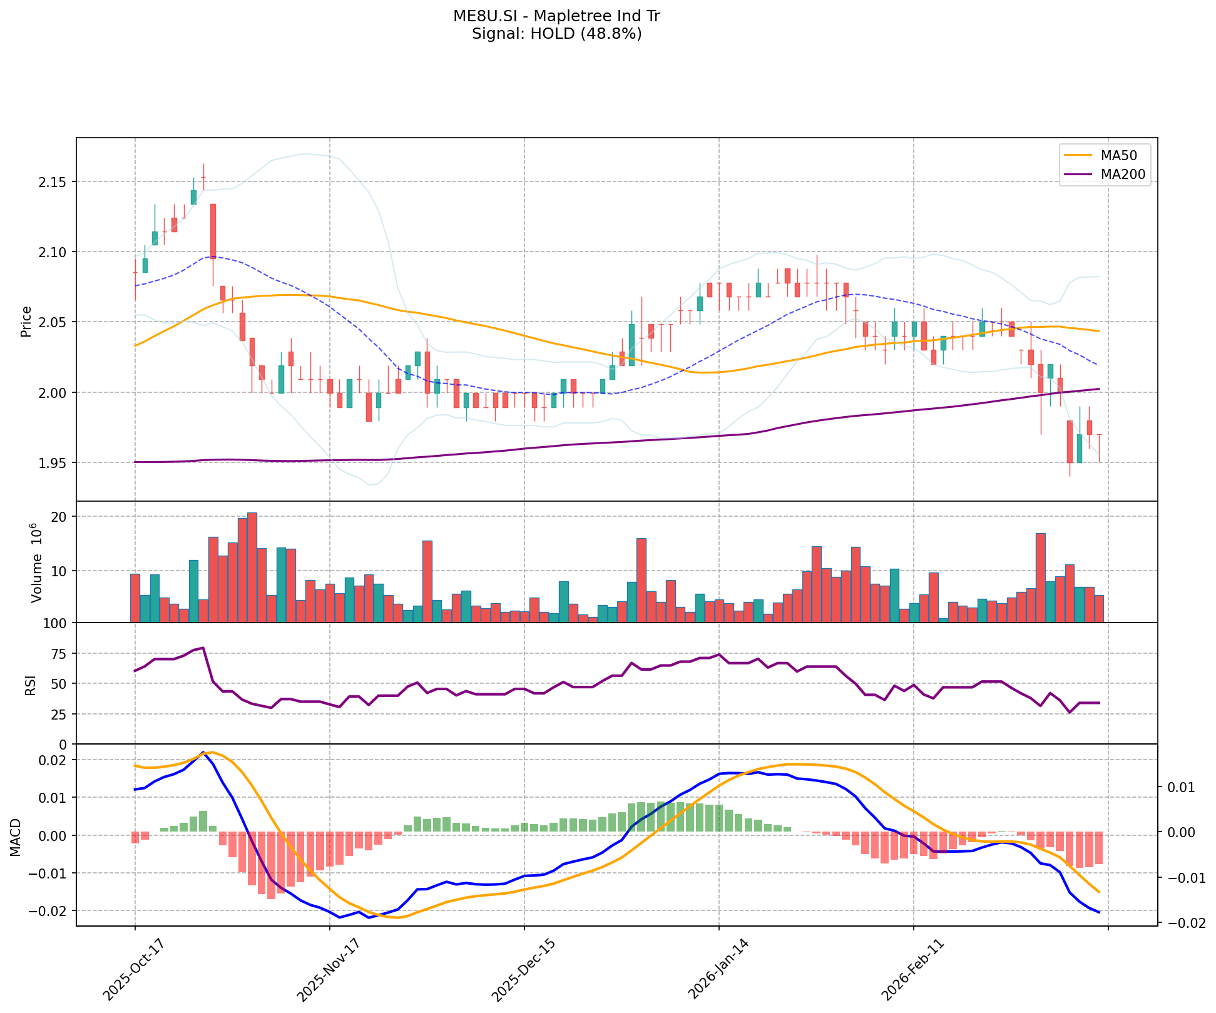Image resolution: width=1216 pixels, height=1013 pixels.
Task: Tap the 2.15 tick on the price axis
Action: pyautogui.click(x=58, y=182)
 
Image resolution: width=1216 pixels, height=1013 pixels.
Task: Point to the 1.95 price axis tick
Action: pyautogui.click(x=58, y=463)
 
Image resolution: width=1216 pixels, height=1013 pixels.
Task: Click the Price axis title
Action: pyautogui.click(x=26, y=322)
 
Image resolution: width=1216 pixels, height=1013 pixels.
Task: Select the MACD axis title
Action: pyautogui.click(x=16, y=838)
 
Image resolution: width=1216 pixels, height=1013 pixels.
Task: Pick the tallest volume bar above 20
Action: pyautogui.click(x=252, y=567)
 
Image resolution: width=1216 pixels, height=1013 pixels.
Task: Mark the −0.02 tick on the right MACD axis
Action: pyautogui.click(x=1178, y=923)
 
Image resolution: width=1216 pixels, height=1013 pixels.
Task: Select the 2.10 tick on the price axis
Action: pyautogui.click(x=58, y=252)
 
